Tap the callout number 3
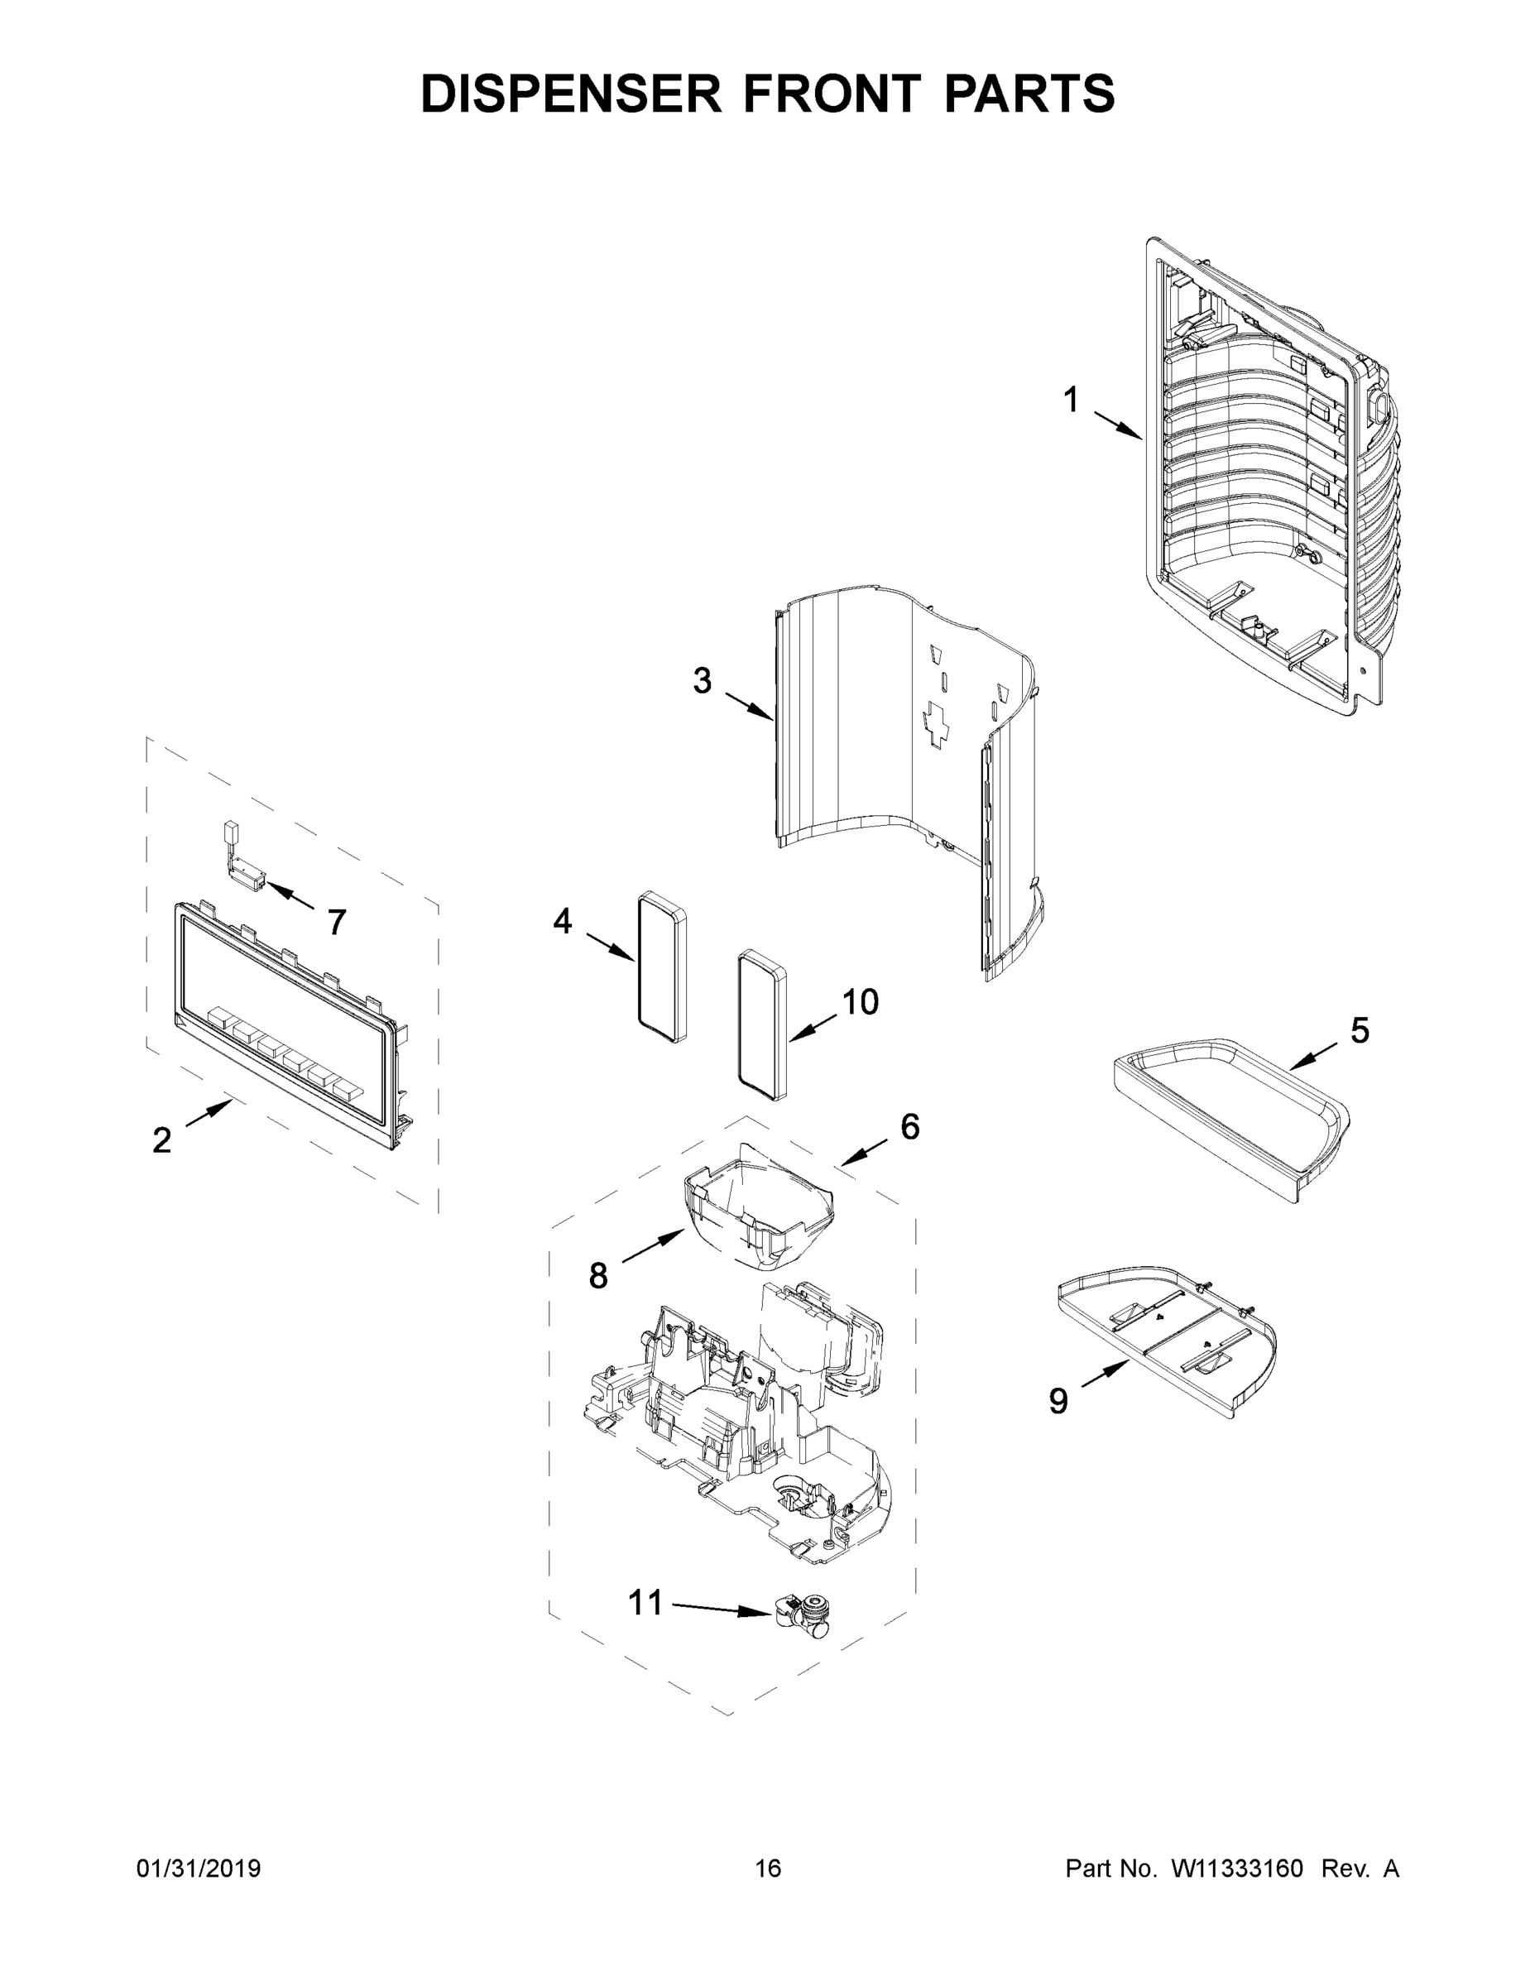coord(702,680)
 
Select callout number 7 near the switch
coord(337,922)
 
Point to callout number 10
coord(859,1001)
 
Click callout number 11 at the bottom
coord(645,1601)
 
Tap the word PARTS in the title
coord(1029,93)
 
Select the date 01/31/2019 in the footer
coord(199,1868)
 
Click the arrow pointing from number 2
coord(210,1112)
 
